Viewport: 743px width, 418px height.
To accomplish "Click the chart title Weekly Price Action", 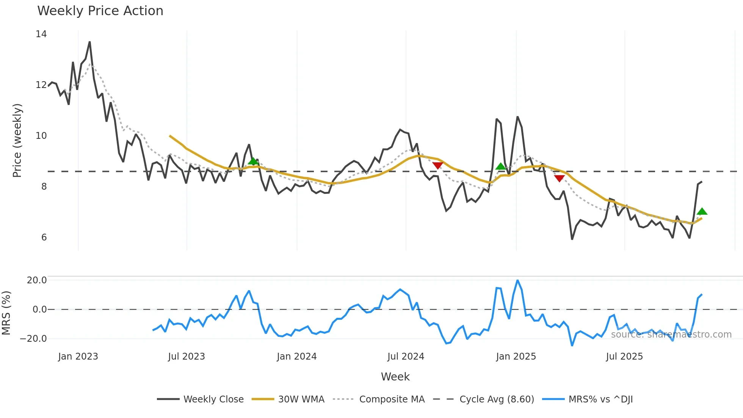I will (100, 11).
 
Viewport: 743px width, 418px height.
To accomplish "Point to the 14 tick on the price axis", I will (41, 34).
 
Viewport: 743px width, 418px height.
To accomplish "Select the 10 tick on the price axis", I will (41, 136).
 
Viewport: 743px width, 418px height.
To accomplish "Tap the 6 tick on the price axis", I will (44, 237).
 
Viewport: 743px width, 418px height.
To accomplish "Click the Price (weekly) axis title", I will (17, 140).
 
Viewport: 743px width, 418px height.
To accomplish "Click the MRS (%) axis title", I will (6, 313).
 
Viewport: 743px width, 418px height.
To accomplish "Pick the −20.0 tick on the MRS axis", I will (33, 339).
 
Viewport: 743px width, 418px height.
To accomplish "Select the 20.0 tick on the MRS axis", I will (36, 280).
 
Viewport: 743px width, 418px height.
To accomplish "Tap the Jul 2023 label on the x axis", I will (186, 357).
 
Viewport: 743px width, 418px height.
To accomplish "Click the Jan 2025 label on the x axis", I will (516, 357).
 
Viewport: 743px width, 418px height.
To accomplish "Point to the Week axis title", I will (395, 377).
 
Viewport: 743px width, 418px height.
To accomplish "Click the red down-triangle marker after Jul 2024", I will (437, 165).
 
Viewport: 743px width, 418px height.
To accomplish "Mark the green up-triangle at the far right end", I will (702, 212).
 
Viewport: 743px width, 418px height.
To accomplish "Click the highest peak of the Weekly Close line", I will (89, 42).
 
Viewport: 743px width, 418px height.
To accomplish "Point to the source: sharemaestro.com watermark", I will (671, 335).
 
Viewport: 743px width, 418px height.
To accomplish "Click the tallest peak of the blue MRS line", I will (517, 280).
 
